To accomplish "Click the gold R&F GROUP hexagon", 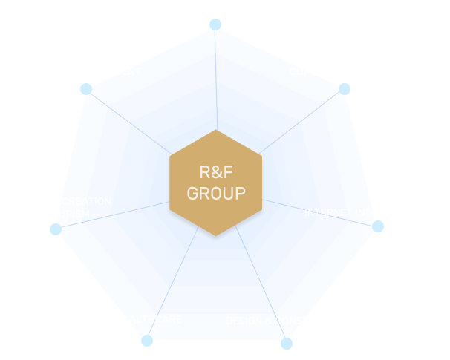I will pos(215,183).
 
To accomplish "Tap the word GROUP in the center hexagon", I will pos(215,194).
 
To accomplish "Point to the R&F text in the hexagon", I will pos(215,172).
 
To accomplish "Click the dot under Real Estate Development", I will pos(215,24).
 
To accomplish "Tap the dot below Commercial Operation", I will pos(345,89).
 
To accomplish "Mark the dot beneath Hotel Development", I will pos(86,89).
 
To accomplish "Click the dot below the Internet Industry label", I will pos(377,226).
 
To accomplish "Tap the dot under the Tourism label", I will pos(56,229).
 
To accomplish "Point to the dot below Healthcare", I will pos(147,341).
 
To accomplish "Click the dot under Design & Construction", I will pos(287,343).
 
